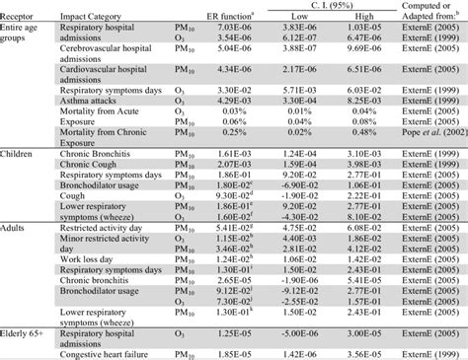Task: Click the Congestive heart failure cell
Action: pos(116,354)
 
